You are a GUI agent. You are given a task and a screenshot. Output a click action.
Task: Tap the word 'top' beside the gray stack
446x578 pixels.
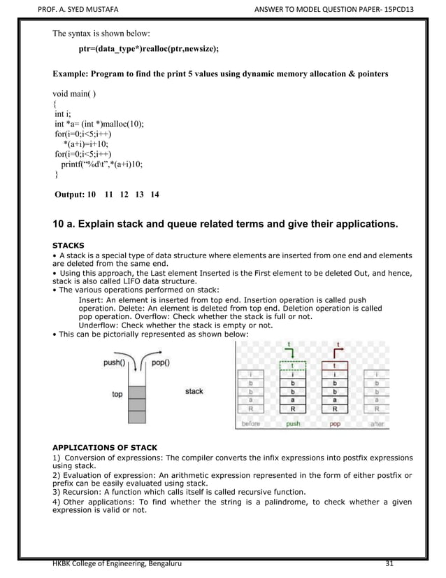(117, 395)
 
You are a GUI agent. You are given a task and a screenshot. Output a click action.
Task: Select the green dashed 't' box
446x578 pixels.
(292, 365)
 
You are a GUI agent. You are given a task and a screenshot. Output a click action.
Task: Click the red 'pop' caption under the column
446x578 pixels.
(335, 424)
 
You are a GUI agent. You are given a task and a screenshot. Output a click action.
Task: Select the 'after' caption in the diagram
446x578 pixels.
(377, 424)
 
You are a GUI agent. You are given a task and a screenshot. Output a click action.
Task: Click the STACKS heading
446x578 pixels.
(69, 246)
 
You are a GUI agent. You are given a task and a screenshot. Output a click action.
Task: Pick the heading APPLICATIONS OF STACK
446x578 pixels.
(105, 447)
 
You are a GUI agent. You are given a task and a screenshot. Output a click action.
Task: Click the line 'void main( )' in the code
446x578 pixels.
(75, 93)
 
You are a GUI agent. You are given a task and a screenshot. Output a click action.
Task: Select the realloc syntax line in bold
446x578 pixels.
(148, 48)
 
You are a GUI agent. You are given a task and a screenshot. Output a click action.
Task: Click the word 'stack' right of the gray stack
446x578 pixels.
(194, 391)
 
